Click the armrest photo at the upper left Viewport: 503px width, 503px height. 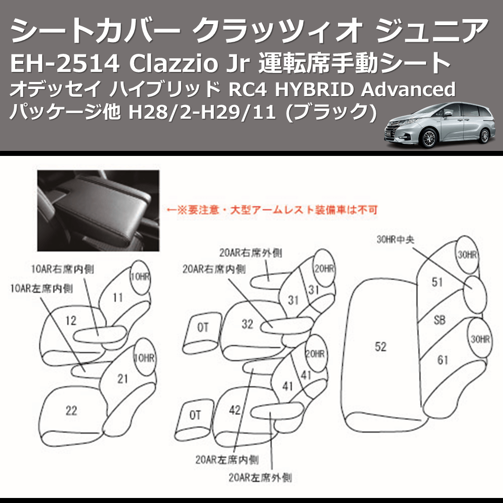98,206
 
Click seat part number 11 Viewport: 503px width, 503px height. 117,298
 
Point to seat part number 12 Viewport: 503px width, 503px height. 71,320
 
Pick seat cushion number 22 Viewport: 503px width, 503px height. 71,411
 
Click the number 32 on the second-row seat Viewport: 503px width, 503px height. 247,324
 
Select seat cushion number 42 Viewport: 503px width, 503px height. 234,409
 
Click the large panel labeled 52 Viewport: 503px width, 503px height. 381,347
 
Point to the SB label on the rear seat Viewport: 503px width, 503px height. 439,320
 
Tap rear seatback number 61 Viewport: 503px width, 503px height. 443,360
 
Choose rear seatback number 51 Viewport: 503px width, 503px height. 437,282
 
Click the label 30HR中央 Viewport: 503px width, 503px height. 395,240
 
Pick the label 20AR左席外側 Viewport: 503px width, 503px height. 260,475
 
